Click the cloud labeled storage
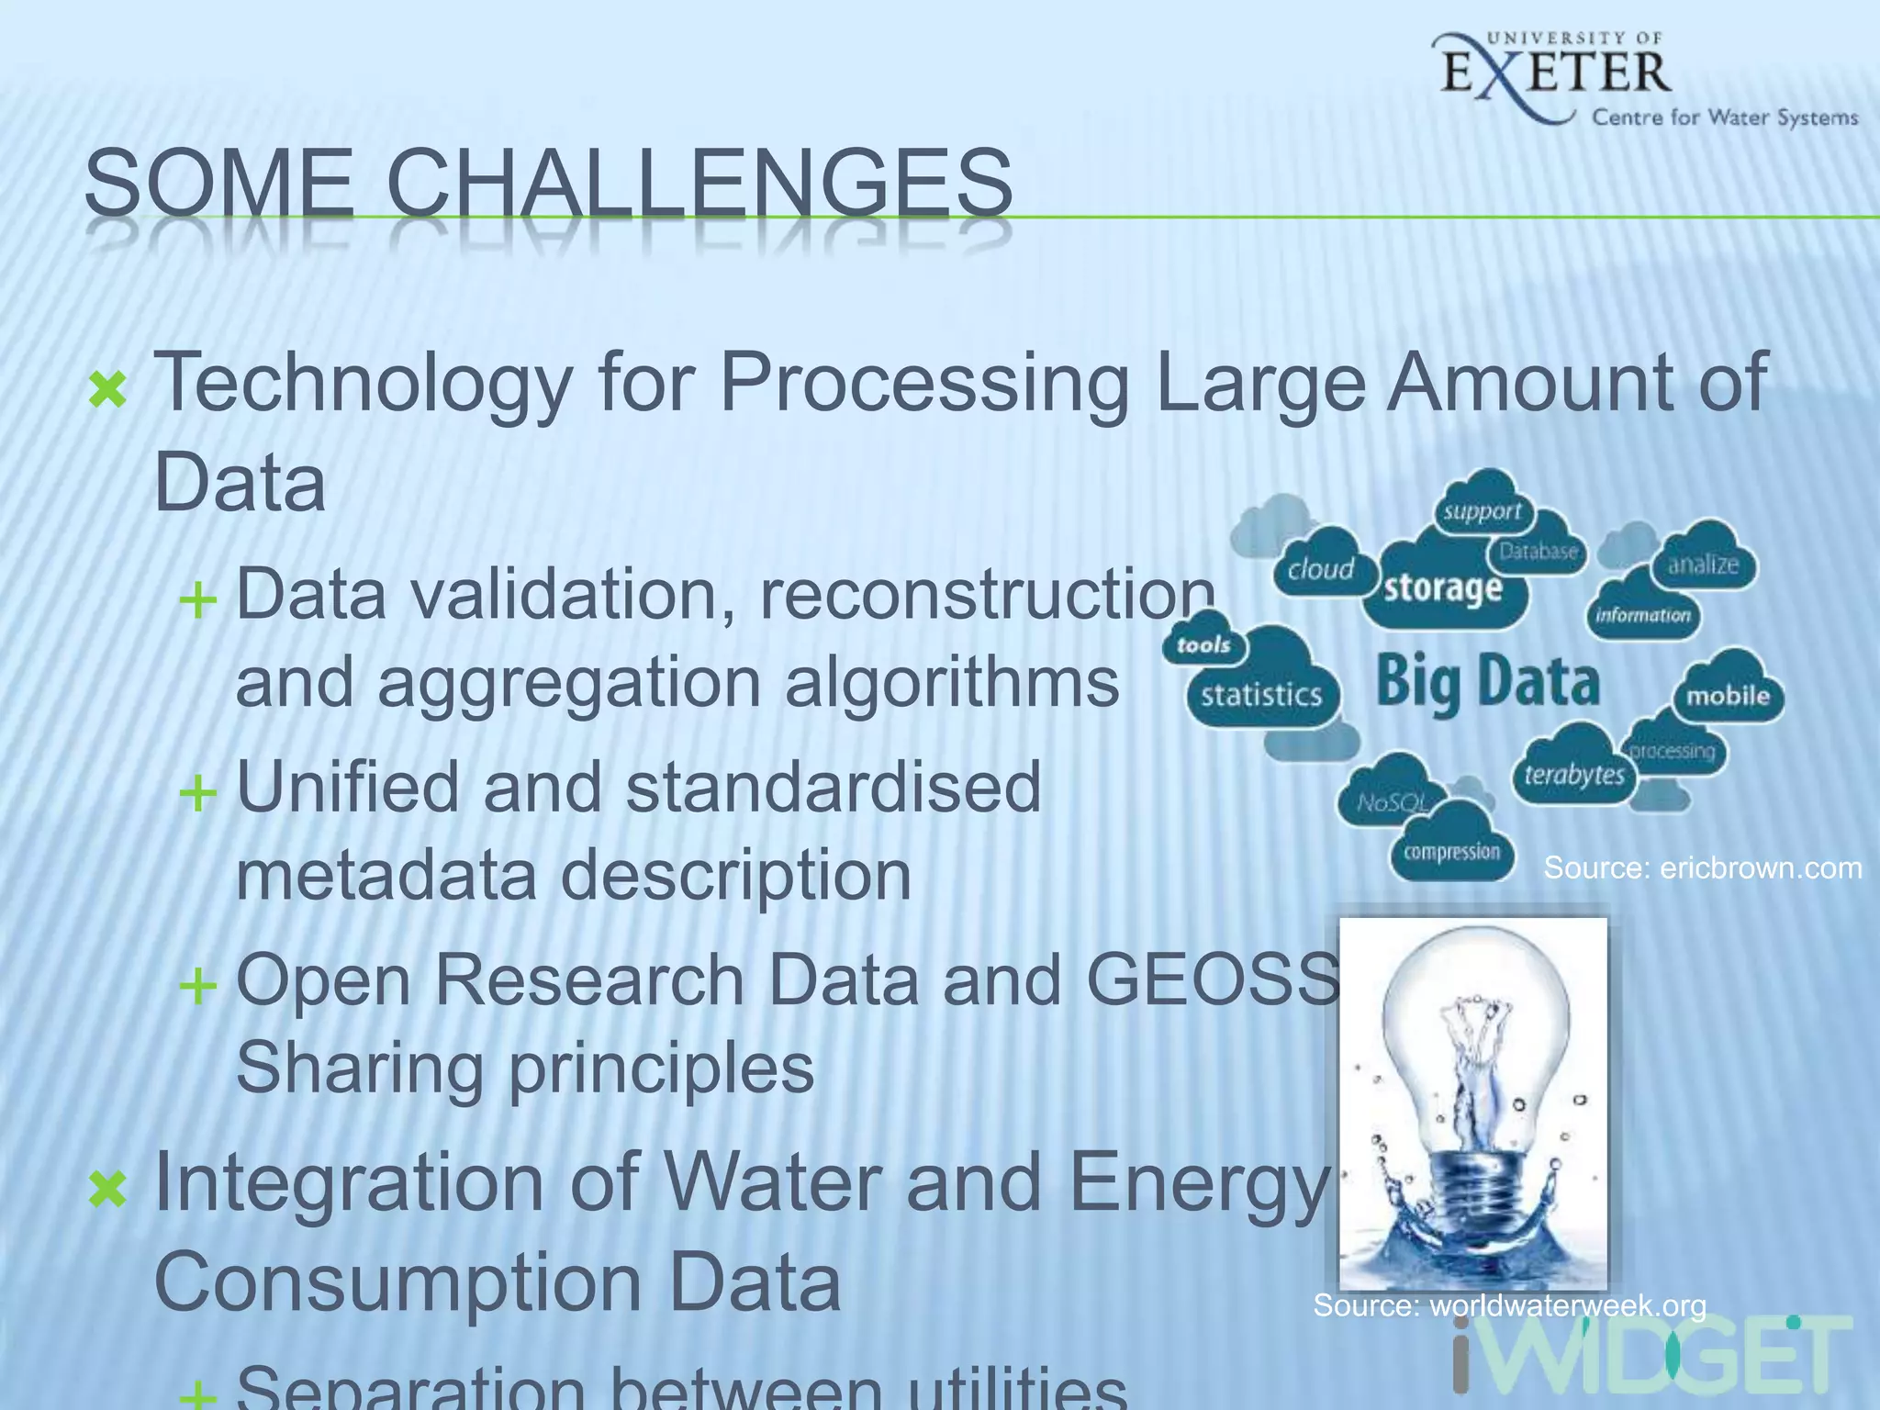[1443, 587]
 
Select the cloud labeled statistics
[1261, 694]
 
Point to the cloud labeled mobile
[1727, 695]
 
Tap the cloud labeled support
[1482, 510]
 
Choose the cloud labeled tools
[1203, 644]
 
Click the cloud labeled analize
[1703, 564]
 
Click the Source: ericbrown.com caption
[1702, 867]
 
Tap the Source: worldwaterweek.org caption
[1509, 1304]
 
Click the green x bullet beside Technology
[107, 390]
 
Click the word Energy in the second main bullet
[1198, 1184]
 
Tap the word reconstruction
[987, 595]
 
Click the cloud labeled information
[1642, 615]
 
